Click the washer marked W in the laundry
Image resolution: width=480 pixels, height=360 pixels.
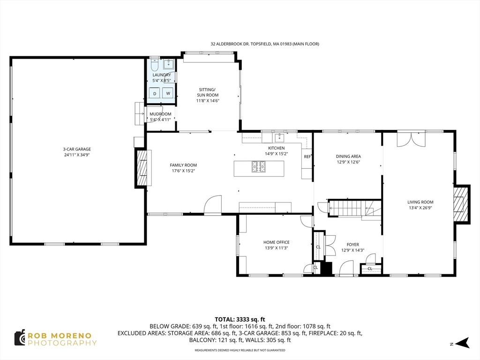[x=168, y=93]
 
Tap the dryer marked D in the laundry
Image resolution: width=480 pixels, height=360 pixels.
[x=155, y=93]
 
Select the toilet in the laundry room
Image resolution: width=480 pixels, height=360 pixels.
[x=155, y=65]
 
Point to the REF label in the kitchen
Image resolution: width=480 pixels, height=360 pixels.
[x=307, y=157]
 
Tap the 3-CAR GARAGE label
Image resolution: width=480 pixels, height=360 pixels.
[x=77, y=149]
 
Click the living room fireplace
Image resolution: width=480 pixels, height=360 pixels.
[x=461, y=203]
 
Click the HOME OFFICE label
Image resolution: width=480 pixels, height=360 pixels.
[x=276, y=242]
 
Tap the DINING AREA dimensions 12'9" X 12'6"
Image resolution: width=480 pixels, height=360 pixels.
[x=348, y=162]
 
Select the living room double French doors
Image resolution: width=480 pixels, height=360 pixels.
[x=411, y=140]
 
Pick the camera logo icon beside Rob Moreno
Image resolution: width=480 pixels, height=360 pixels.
[x=19, y=337]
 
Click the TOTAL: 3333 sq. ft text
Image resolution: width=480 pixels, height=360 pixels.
[x=240, y=319]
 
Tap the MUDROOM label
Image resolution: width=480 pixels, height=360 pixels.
[x=160, y=114]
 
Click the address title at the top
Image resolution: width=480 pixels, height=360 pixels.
[x=264, y=44]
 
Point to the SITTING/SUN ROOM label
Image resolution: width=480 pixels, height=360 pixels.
[x=208, y=92]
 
